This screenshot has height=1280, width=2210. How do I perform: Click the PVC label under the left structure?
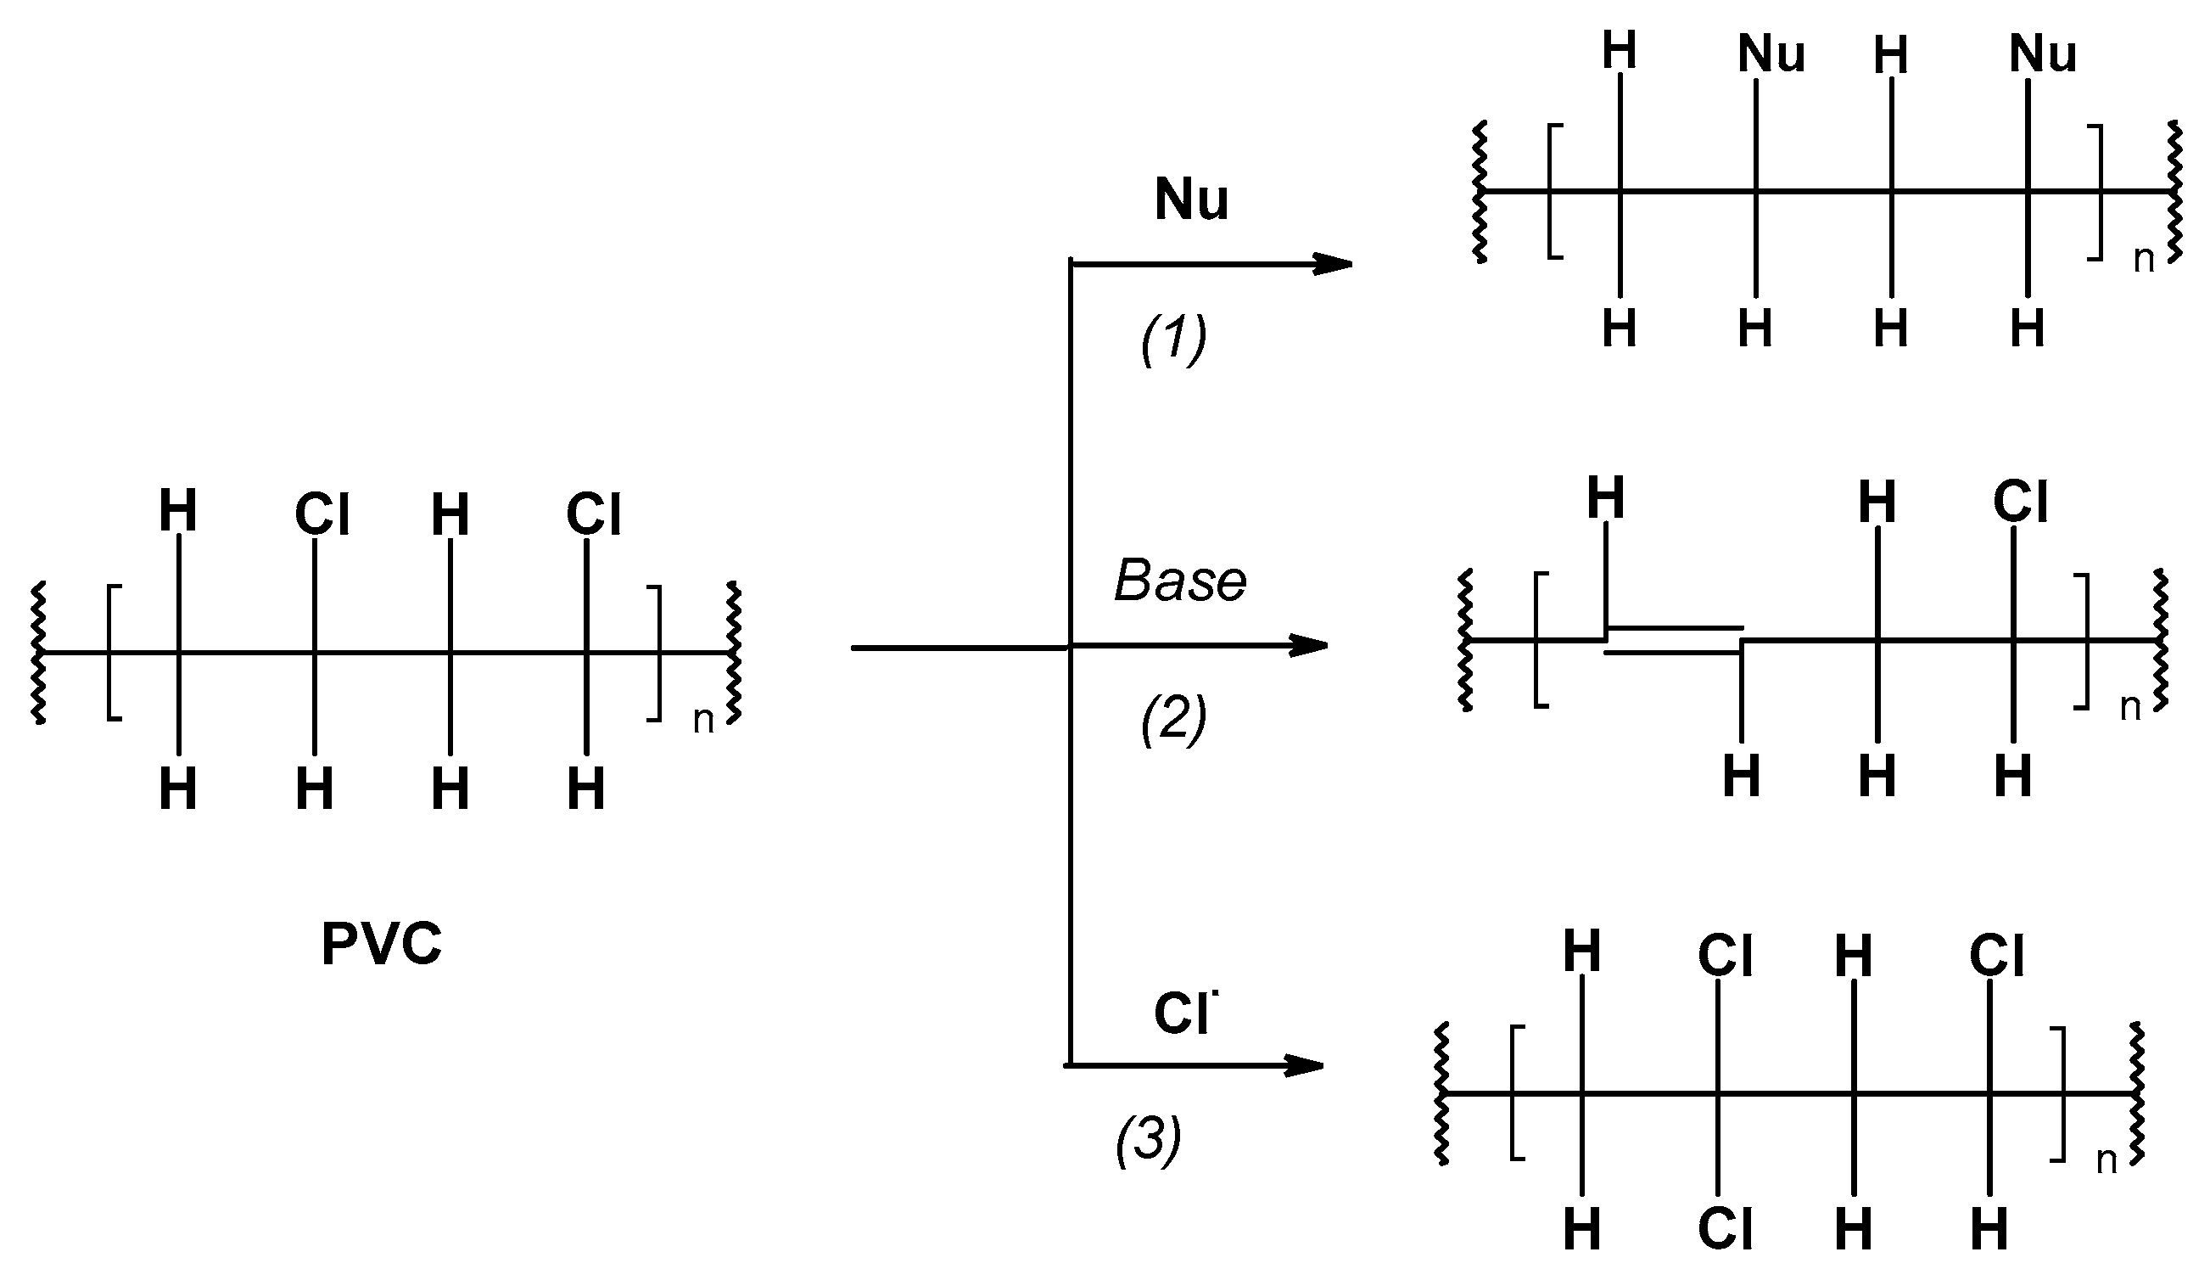tap(382, 945)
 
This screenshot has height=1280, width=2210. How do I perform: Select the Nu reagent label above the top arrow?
tap(1191, 200)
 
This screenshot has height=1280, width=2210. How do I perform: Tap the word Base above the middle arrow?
tap(1179, 581)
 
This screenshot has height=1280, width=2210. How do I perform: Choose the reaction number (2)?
tap(1173, 720)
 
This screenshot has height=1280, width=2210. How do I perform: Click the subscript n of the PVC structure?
tap(703, 721)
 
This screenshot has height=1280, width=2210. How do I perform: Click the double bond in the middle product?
tap(1673, 642)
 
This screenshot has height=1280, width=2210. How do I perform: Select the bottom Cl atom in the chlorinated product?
tap(1726, 1229)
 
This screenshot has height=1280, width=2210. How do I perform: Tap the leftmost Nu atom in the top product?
tap(1771, 55)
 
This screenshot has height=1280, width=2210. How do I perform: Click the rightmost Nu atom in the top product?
tap(2044, 55)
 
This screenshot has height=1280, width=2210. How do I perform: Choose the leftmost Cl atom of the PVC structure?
tap(322, 514)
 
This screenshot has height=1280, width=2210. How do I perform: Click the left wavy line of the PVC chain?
tap(37, 652)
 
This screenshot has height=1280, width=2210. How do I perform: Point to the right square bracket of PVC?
tap(656, 653)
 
